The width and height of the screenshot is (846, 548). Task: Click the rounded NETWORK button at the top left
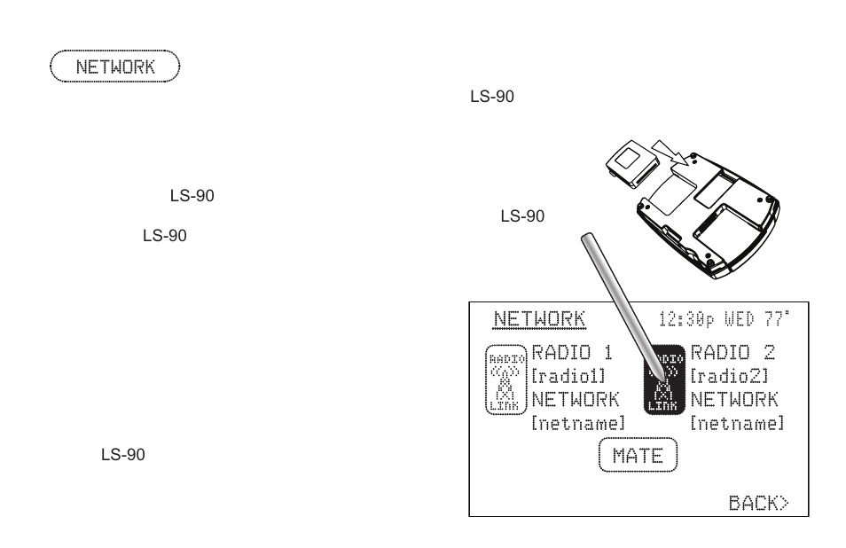click(x=115, y=67)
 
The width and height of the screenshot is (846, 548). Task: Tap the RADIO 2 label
click(x=732, y=353)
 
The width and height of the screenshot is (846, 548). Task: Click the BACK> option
click(x=758, y=503)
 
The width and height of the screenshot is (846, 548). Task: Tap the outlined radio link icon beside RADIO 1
click(x=506, y=379)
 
